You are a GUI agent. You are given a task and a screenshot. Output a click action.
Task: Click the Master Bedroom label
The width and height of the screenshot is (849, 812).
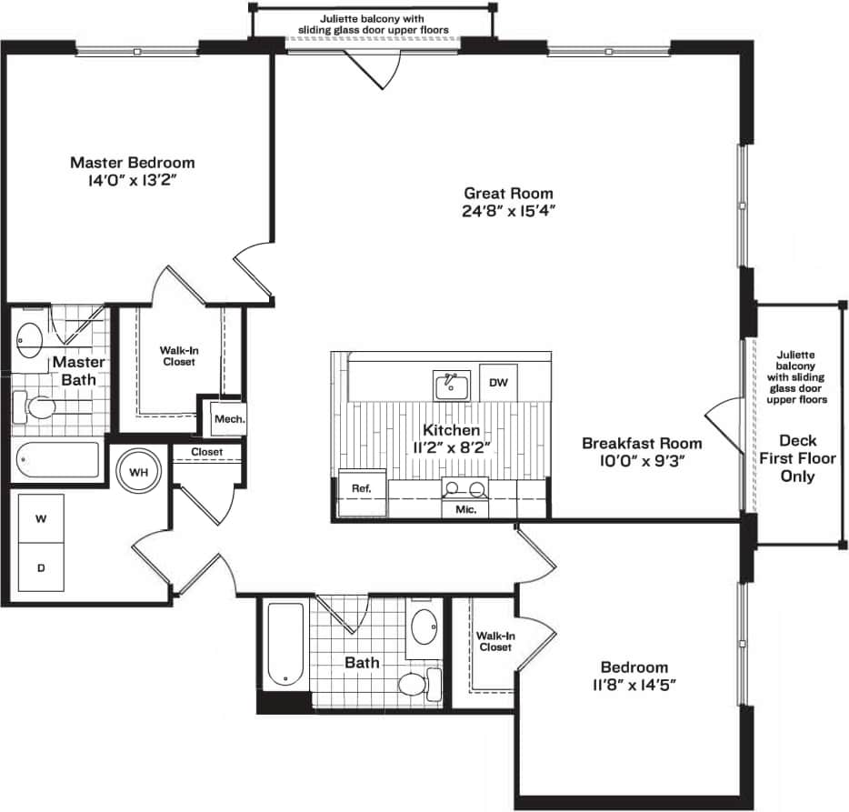click(133, 163)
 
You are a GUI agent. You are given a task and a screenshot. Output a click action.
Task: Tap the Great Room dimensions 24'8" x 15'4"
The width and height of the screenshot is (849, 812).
click(508, 211)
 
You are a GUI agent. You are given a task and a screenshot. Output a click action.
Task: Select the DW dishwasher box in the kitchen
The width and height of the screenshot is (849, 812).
click(497, 383)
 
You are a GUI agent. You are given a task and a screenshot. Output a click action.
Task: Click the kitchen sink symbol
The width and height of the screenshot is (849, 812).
click(450, 386)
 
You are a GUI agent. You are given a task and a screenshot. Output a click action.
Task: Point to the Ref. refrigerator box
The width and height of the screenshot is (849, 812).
click(360, 489)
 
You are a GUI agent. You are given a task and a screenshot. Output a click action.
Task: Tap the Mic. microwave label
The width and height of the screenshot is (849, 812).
click(465, 509)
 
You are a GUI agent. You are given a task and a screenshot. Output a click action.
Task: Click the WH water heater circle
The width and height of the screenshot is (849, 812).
click(138, 473)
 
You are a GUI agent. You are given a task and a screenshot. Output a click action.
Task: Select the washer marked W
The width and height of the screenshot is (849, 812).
click(41, 519)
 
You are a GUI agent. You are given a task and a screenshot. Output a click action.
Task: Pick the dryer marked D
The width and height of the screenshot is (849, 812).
click(41, 568)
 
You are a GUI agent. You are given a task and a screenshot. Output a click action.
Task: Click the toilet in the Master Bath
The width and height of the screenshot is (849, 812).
click(38, 406)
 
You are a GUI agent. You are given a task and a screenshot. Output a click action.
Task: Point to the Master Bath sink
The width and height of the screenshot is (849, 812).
click(30, 339)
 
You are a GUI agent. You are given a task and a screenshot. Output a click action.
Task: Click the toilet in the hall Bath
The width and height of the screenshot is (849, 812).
click(417, 685)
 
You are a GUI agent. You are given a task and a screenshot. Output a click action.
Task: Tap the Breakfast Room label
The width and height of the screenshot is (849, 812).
click(642, 444)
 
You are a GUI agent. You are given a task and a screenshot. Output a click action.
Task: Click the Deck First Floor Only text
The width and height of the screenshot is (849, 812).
click(796, 458)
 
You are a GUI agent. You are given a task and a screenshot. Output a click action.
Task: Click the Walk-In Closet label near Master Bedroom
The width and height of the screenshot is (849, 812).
click(178, 355)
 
